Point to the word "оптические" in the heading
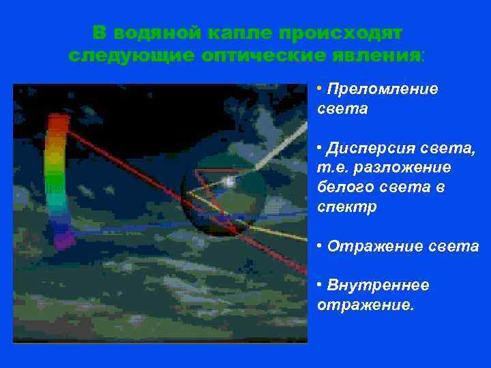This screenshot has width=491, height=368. [262, 56]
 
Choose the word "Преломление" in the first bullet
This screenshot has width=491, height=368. [383, 90]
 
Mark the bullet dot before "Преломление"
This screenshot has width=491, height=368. [321, 89]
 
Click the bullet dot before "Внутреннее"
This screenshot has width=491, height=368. [321, 284]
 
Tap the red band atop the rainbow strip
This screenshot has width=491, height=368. [59, 123]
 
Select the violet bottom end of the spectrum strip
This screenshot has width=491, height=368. [64, 239]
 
